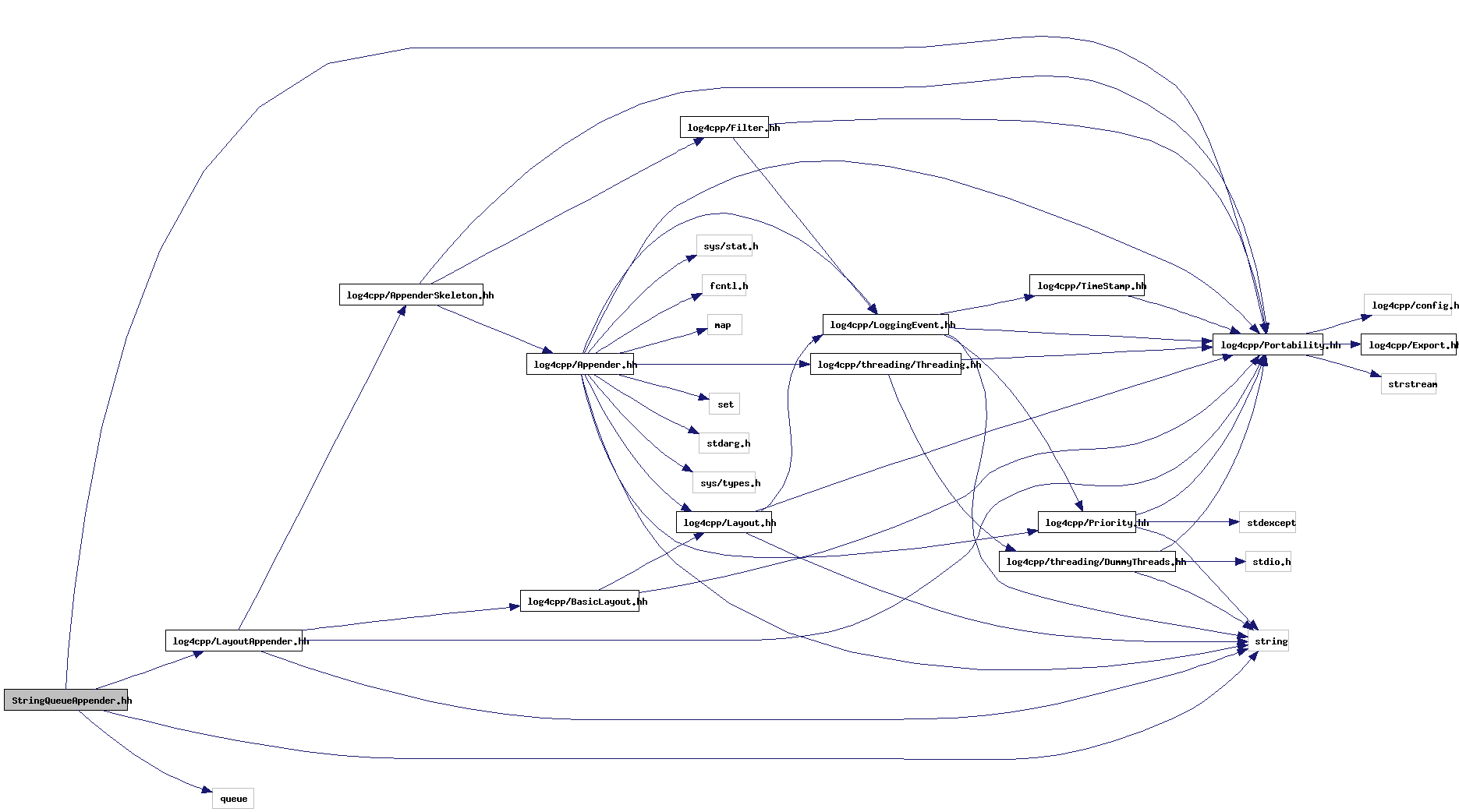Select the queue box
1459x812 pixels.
(233, 798)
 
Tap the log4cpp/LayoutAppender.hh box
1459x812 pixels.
(234, 641)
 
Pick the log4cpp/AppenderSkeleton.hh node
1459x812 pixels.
(411, 295)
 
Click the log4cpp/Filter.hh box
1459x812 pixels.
(724, 127)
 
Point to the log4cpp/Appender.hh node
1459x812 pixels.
(579, 364)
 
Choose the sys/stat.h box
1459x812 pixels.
(724, 245)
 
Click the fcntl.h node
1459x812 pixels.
(724, 285)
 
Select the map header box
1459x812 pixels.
(724, 324)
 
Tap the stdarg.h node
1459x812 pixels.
(724, 443)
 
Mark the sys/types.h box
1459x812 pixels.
(724, 482)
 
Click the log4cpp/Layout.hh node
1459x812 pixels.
(724, 522)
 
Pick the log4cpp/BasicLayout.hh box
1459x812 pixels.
(579, 601)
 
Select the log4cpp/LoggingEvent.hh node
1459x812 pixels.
(886, 324)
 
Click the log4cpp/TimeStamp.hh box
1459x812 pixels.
(1087, 285)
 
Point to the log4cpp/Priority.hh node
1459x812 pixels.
(1087, 522)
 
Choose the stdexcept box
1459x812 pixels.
(1267, 522)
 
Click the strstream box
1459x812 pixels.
(1408, 383)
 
